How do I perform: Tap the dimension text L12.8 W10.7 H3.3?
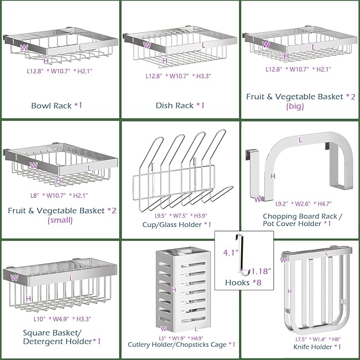coord(179,76)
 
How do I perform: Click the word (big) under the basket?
coord(295,107)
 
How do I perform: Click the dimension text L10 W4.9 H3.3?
coord(57,307)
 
